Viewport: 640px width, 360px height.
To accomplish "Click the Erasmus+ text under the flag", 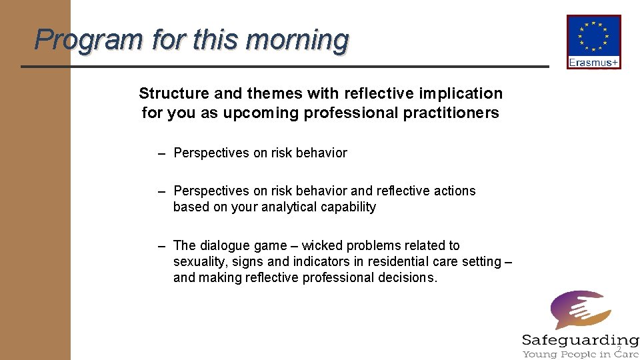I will (593, 63).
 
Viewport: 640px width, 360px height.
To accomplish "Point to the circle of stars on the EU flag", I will (593, 36).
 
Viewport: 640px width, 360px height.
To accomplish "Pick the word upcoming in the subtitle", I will (261, 113).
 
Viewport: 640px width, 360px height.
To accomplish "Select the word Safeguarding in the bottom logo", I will (579, 340).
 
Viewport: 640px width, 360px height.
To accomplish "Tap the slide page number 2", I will (619, 349).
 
